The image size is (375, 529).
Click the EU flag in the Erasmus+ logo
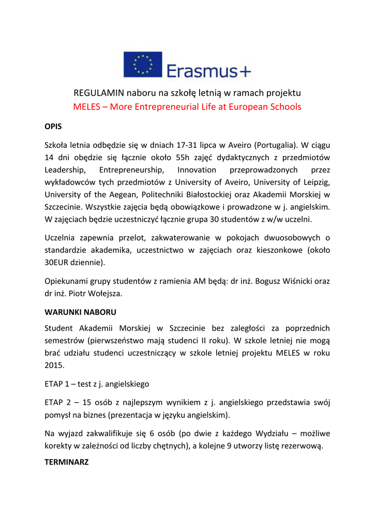(x=143, y=65)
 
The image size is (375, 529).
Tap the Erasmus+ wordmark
(x=209, y=70)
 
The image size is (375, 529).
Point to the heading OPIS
(x=53, y=126)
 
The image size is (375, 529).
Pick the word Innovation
(x=197, y=170)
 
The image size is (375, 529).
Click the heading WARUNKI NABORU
(x=80, y=312)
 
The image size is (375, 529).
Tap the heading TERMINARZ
(x=67, y=462)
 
